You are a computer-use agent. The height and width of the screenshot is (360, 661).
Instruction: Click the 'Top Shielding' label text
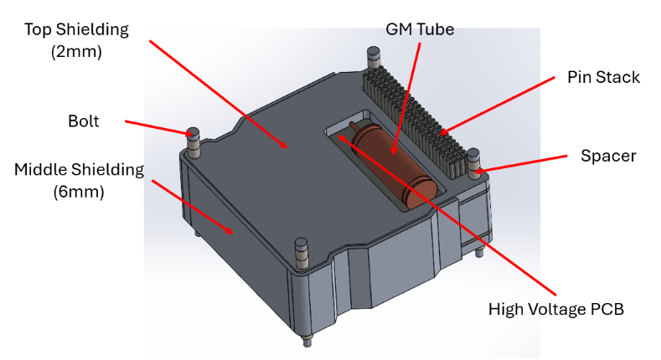[76, 29]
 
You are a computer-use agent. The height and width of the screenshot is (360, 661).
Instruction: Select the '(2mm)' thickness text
[76, 51]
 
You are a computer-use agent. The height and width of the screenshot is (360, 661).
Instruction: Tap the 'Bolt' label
[83, 121]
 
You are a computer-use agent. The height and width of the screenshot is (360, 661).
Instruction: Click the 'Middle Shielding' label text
[79, 170]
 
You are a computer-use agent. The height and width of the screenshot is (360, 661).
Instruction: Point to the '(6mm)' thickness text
[79, 192]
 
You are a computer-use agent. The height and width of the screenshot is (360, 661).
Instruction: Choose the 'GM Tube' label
[420, 29]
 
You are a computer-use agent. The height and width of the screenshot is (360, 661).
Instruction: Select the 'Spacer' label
[607, 156]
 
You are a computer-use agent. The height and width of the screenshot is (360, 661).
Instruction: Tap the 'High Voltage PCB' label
[556, 309]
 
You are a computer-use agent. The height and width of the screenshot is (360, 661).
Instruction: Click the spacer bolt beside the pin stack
[474, 163]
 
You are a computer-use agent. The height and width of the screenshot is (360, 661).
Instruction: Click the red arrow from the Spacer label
[528, 163]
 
